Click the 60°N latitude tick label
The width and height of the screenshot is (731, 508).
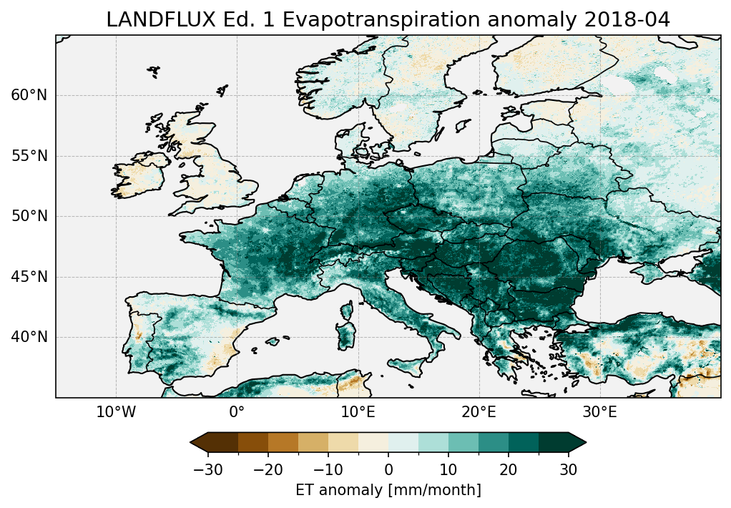click(x=29, y=95)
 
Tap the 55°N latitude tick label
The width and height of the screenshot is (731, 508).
click(x=29, y=156)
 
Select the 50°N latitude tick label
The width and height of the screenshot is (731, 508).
click(x=29, y=216)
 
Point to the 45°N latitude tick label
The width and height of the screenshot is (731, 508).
click(x=29, y=277)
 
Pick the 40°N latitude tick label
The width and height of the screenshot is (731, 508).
click(x=29, y=337)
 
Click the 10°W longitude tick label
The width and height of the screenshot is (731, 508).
click(x=116, y=412)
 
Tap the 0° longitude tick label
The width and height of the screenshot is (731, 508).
click(x=237, y=412)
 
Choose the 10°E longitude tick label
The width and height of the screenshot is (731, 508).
click(x=358, y=412)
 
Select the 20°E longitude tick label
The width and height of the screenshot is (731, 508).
click(x=479, y=412)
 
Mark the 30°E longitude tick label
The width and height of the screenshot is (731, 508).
click(x=599, y=412)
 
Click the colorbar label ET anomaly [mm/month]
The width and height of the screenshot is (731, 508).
click(x=388, y=490)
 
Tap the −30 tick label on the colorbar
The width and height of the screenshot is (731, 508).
click(x=207, y=469)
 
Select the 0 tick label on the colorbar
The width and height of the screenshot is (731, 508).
click(x=388, y=469)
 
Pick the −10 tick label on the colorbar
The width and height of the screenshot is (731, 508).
click(x=328, y=469)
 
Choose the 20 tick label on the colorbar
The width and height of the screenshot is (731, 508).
click(x=509, y=469)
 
